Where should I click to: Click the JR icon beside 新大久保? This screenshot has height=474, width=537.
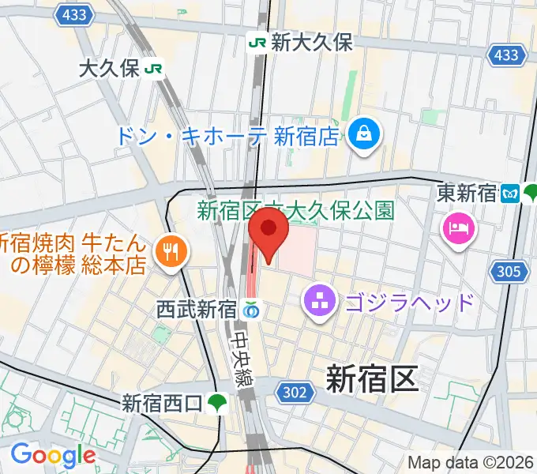coord(257,43)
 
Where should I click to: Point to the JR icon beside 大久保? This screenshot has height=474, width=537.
coord(154,69)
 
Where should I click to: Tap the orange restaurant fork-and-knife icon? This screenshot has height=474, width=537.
coord(169,253)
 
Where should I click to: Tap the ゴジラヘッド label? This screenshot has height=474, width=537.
coord(407,302)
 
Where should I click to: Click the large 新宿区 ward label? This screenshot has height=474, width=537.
coord(371,380)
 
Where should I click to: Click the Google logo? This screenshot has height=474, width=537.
coord(53,456)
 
